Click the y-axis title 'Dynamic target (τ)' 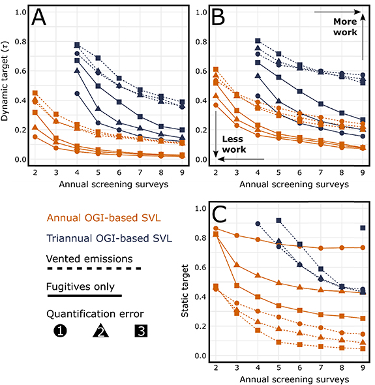[x=7, y=85]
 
